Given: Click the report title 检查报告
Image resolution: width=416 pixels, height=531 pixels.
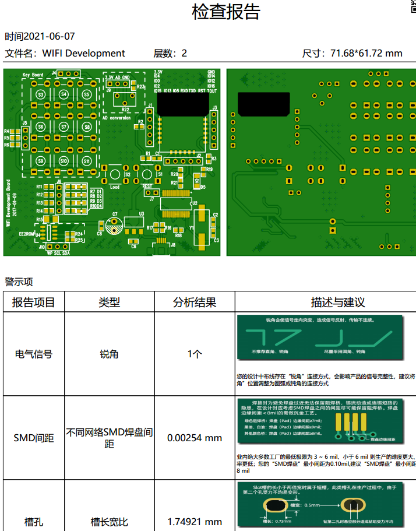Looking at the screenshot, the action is coord(225,12).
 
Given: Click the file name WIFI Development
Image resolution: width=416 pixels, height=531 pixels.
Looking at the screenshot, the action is coord(83,54).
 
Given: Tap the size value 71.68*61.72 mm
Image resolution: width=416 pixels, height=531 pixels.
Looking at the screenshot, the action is coord(366,54).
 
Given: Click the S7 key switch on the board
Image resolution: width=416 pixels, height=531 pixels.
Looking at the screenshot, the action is coord(64,127).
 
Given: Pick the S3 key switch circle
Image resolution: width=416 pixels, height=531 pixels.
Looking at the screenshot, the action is coord(41,94).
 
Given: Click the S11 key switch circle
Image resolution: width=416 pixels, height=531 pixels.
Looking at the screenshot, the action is coord(87,160).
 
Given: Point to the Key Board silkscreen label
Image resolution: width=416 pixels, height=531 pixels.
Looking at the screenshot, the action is coord(33,75).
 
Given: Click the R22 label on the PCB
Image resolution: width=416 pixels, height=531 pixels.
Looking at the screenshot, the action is coord(125,110).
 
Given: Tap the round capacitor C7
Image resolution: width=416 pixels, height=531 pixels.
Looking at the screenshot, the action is coord(115,222).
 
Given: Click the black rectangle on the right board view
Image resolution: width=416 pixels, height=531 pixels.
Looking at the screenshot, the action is coord(263,103).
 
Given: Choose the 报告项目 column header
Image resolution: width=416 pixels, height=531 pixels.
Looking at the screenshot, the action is coord(34,303).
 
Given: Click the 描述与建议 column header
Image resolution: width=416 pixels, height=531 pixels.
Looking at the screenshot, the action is coord(338,303).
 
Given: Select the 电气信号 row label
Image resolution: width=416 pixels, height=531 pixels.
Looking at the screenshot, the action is coord(34,354).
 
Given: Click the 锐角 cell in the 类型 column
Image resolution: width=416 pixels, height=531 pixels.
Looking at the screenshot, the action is coord(109,354).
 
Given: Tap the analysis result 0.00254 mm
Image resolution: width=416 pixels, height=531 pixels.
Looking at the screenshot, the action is coord(195,438).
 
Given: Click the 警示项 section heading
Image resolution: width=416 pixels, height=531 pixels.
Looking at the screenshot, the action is coord(19,282).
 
